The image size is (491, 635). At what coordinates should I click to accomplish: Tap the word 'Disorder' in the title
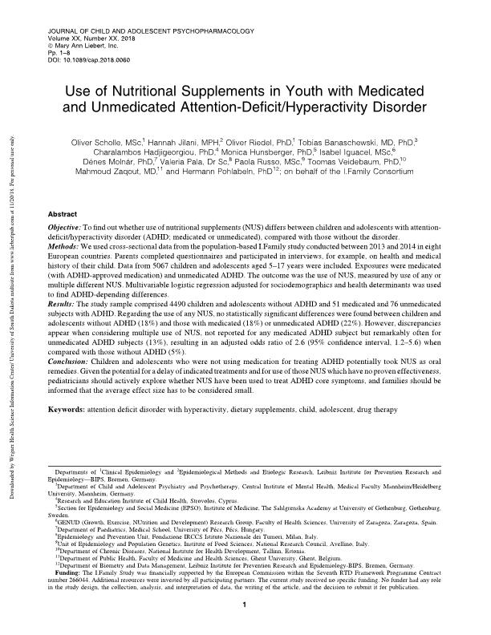(x=401, y=107)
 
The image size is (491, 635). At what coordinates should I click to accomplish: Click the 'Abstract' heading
(x=64, y=216)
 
